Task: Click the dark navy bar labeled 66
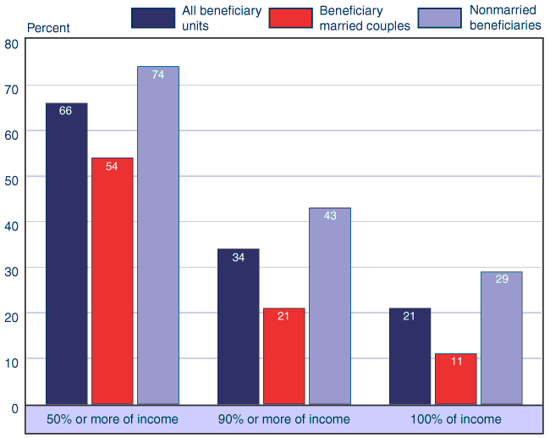pos(67,253)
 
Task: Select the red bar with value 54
pos(113,280)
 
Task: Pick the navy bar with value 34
pos(239,326)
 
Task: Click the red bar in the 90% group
pos(284,356)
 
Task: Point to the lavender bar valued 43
pos(330,306)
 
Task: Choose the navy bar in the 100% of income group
pos(410,356)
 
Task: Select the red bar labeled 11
pos(456,379)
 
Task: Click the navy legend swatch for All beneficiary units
pos(152,18)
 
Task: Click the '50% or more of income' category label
pos(113,419)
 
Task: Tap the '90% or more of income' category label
pos(284,419)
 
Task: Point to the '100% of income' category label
pos(456,419)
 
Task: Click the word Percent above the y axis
pos(48,28)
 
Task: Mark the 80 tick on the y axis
pos(11,44)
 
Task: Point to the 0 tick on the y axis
pos(14,408)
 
